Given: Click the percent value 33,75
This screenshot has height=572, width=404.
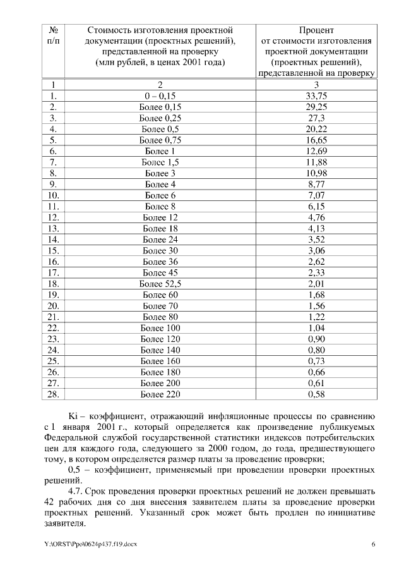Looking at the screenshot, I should [316, 96].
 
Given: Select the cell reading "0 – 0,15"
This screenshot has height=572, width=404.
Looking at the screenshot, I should [160, 96].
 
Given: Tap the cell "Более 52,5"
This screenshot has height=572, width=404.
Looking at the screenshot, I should [160, 284].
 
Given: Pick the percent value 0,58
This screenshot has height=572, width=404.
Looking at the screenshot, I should [316, 394].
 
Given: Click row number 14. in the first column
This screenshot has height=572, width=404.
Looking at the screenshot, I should [54, 240].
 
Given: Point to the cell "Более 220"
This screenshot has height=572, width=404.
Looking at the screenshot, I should [160, 394].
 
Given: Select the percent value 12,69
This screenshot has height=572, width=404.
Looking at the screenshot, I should [316, 151].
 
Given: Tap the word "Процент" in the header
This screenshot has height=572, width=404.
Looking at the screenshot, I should [316, 30].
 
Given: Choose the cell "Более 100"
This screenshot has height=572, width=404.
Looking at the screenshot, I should [160, 328].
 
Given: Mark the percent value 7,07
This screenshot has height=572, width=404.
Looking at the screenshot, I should [316, 195].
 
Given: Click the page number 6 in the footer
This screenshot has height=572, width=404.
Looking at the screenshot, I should [373, 544].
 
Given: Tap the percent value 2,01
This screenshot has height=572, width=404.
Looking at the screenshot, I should [316, 284].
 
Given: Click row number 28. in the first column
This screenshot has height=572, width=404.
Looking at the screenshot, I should [54, 394].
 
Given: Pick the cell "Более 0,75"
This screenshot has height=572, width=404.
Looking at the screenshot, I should [160, 140].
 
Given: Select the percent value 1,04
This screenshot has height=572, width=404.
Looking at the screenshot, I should [316, 328].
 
